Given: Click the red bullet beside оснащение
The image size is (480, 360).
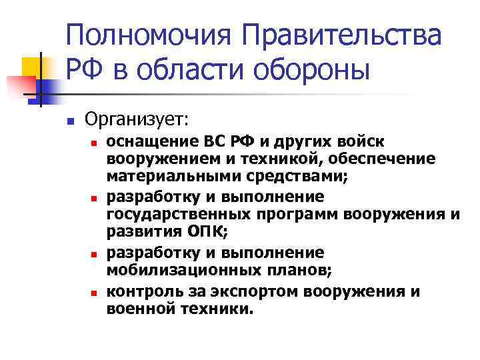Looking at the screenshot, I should (95, 143).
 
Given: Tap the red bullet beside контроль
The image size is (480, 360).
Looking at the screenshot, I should (95, 293).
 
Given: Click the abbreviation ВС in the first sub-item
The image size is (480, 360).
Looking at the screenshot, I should (206, 141).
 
